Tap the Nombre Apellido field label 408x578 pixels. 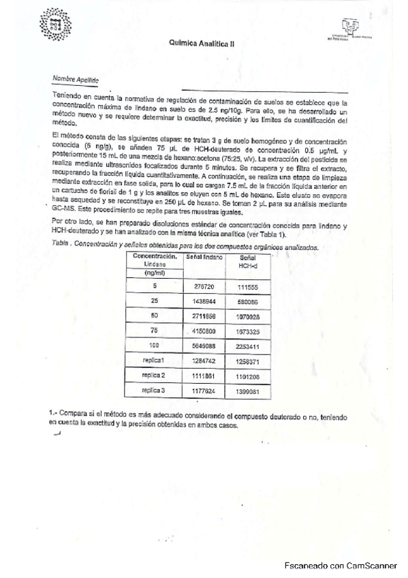coord(76,78)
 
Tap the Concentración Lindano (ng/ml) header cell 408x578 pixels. coord(155,263)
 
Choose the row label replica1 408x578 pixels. coord(155,359)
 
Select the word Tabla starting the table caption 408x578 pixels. coord(60,244)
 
